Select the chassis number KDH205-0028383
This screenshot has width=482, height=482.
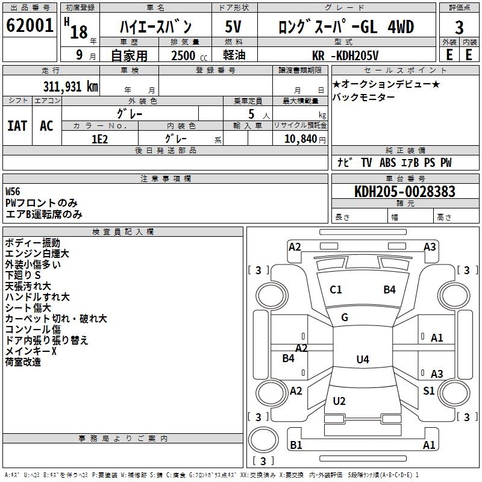404,192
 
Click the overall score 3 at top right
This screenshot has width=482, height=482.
459,27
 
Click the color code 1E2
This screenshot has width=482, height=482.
99,139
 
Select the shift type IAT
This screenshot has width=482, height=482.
17,125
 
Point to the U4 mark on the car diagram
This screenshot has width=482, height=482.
362,360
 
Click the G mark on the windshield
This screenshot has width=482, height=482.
345,318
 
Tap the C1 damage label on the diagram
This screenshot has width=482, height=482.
336,290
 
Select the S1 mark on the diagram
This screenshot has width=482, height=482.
428,391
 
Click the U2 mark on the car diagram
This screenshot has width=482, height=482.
339,401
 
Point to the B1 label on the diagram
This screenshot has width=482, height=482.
296,445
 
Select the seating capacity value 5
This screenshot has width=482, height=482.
251,114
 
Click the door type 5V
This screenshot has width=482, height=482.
234,27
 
